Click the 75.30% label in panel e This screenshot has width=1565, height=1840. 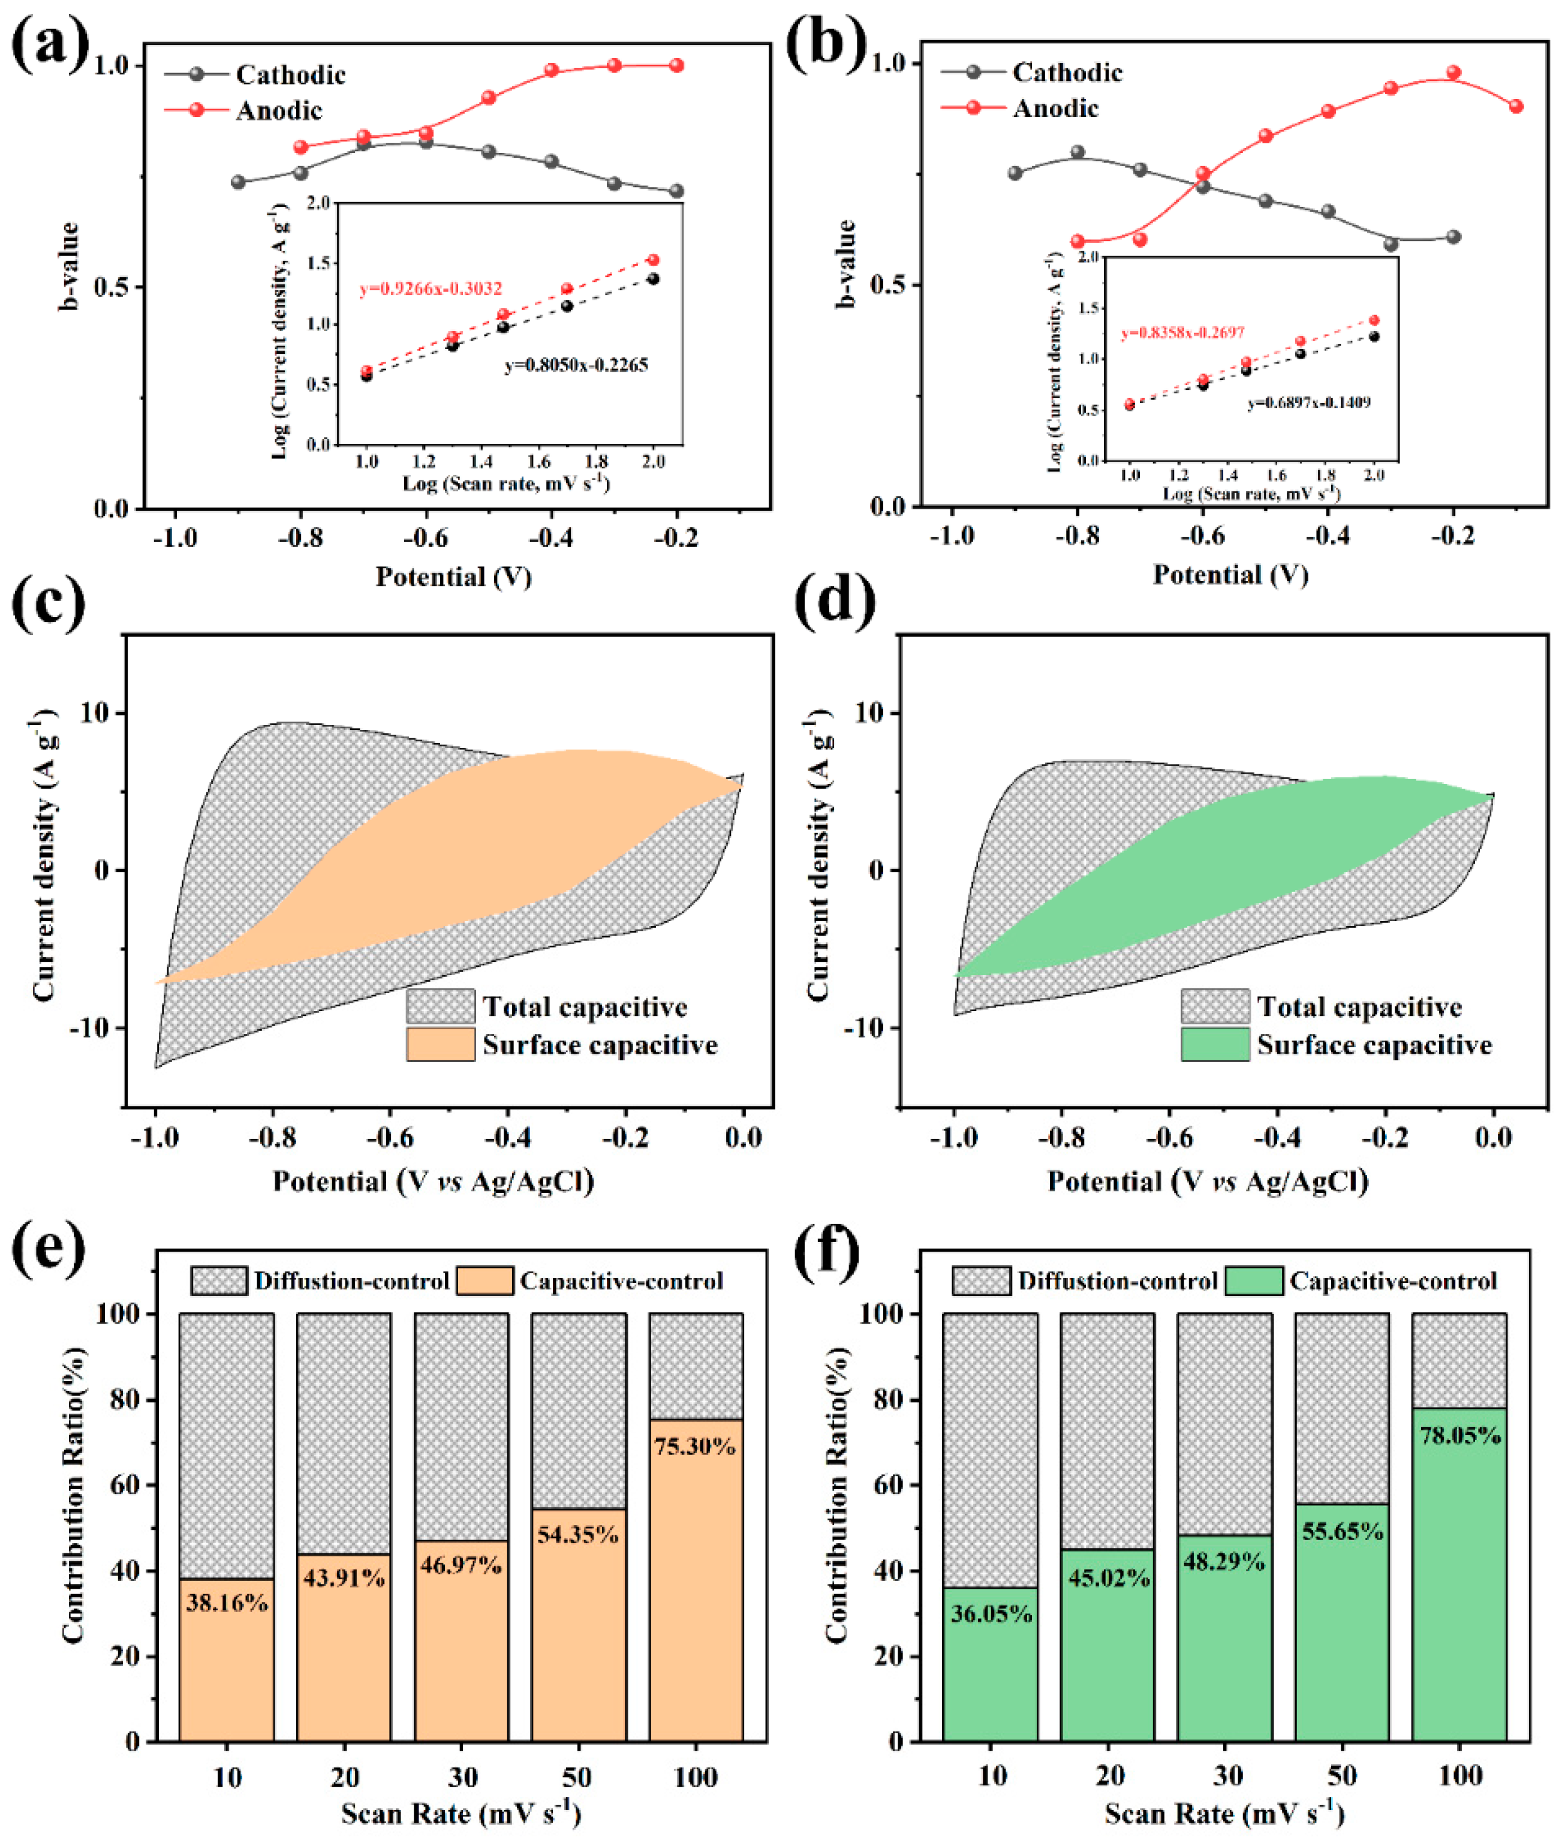click(x=695, y=1446)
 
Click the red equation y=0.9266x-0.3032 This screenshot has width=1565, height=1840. click(x=431, y=289)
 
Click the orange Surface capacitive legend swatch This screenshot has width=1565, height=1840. click(x=440, y=1044)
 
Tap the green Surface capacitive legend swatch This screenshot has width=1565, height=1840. click(x=1215, y=1044)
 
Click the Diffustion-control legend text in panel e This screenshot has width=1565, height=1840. click(x=351, y=1281)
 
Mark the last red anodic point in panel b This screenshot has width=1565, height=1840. click(x=1516, y=107)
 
